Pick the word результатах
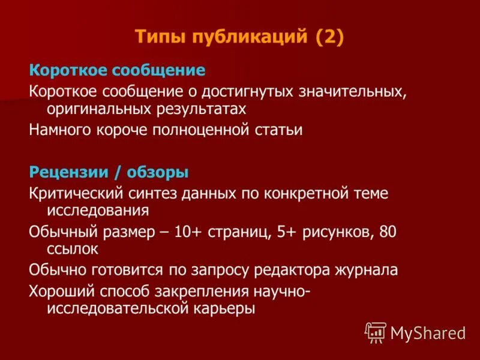(x=197, y=109)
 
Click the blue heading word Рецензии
(x=62, y=173)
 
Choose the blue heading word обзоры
(x=162, y=173)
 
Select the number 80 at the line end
(x=388, y=232)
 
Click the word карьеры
(x=223, y=308)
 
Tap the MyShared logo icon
(x=375, y=332)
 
